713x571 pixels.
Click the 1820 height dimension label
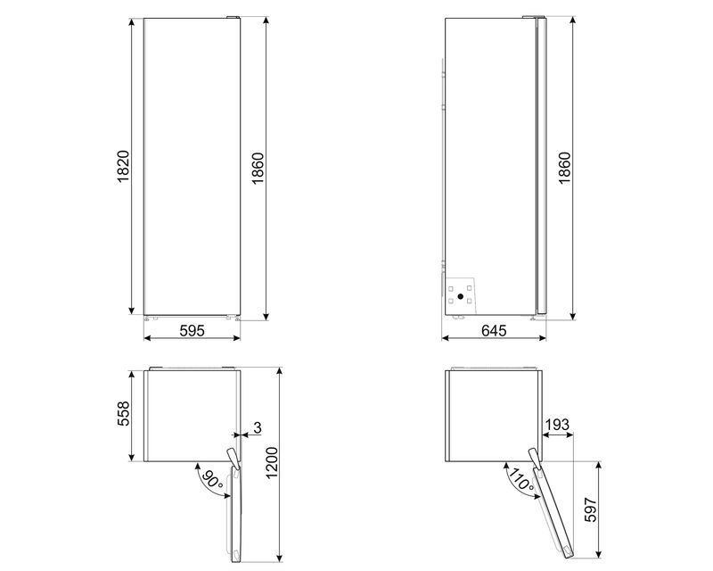point(124,167)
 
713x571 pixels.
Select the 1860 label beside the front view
point(257,167)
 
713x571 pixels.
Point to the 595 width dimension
point(193,331)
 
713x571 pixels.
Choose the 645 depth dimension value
point(495,331)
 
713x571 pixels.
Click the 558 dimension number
point(124,415)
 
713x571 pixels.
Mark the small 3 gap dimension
point(258,429)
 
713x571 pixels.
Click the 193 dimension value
point(556,427)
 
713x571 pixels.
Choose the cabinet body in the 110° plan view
point(493,415)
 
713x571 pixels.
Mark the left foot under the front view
point(149,317)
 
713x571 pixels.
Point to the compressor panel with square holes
point(460,294)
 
